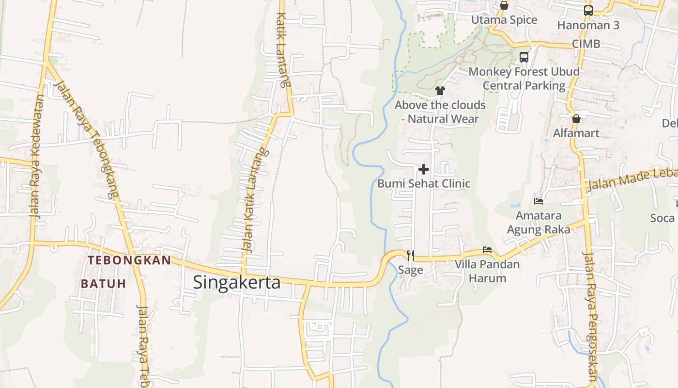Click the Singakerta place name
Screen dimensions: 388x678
236,282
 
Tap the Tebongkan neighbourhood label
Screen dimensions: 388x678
129,260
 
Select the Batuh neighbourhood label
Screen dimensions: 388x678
103,284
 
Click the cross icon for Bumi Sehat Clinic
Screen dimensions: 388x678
424,169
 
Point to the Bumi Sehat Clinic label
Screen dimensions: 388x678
424,184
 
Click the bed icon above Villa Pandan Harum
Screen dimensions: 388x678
487,250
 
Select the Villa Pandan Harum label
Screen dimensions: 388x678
487,271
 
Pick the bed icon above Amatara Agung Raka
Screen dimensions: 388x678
539,200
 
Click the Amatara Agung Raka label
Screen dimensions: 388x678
539,222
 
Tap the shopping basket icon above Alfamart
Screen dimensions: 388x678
576,119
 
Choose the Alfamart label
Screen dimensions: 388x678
576,133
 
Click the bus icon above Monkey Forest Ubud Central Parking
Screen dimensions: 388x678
524,57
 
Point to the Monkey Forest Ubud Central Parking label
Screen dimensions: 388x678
524,79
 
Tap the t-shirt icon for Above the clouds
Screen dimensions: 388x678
440,90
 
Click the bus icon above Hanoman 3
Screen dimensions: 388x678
588,10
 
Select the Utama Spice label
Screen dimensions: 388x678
504,20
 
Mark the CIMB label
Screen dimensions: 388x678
586,44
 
